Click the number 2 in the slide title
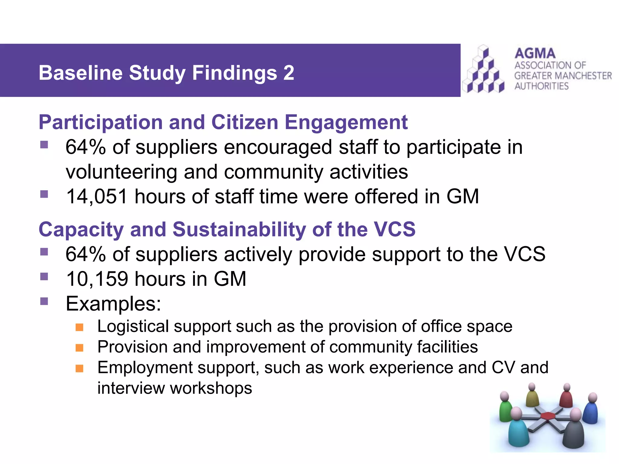288,73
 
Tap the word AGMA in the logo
535,53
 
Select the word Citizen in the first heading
245,122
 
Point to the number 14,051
96,197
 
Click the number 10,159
97,279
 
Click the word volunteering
121,172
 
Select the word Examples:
113,304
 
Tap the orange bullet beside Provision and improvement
79,348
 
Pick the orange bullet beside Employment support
79,369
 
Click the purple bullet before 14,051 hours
44,194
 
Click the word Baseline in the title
80,73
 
